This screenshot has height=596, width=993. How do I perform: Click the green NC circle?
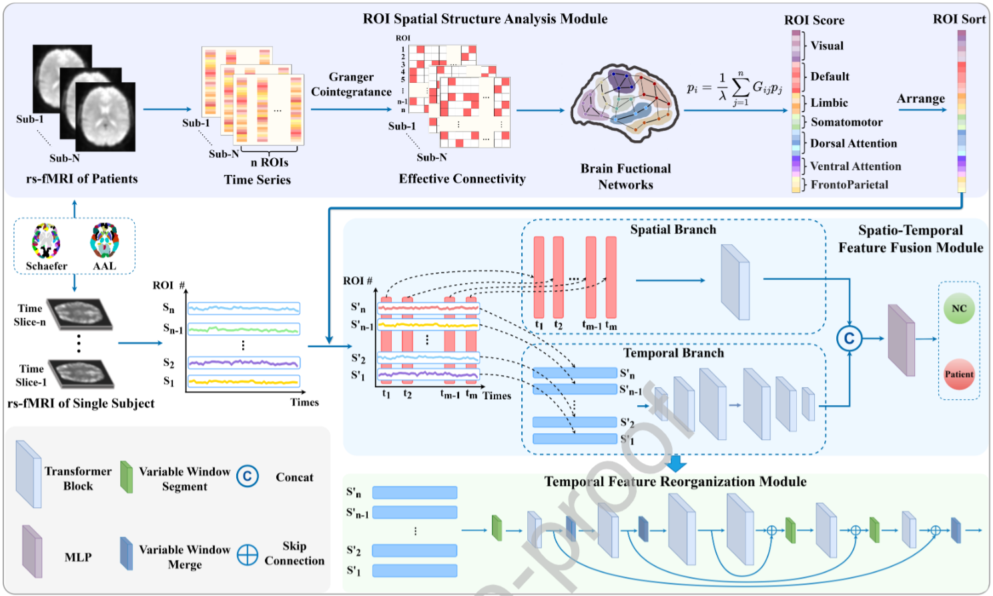(959, 308)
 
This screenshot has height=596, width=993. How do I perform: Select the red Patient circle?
(959, 374)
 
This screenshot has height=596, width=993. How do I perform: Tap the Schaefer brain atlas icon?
(46, 241)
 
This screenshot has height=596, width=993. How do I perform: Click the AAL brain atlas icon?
(105, 240)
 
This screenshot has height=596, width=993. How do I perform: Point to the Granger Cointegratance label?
(351, 85)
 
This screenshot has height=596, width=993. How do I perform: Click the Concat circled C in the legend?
(248, 477)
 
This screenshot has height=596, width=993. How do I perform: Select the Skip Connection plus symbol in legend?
(248, 555)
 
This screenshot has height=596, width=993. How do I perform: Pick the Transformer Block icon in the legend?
(29, 475)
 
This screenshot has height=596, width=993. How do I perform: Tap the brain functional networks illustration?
(625, 103)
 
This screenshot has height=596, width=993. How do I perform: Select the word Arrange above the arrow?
(920, 99)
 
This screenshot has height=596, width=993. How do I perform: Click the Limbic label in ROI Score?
(829, 103)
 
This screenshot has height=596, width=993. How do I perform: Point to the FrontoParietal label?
(849, 185)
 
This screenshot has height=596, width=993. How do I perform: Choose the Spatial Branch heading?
(673, 230)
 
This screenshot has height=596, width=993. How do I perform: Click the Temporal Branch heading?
(673, 353)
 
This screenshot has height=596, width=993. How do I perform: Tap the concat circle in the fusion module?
(849, 339)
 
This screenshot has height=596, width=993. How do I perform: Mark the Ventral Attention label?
(855, 166)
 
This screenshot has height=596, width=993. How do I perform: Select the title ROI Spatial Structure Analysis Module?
(485, 19)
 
